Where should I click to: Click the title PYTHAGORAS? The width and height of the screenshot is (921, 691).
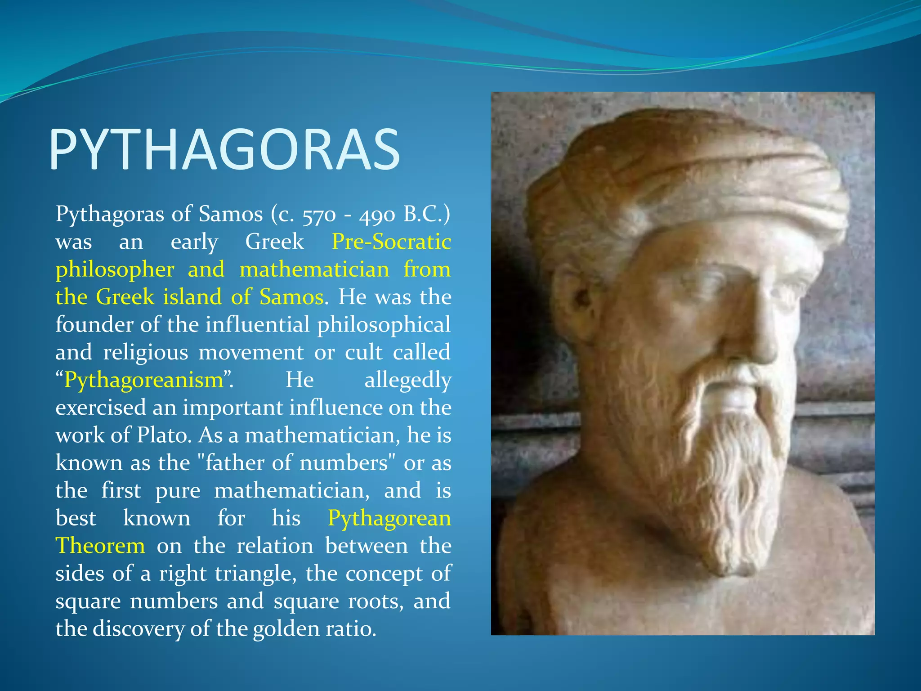pyautogui.click(x=224, y=149)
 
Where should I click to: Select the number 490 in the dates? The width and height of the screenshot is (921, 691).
pyautogui.click(x=376, y=215)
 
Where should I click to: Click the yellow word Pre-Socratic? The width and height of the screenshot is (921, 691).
pyautogui.click(x=391, y=242)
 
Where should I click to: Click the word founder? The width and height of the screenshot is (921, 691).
pyautogui.click(x=94, y=325)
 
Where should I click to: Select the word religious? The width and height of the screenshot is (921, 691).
pyautogui.click(x=145, y=353)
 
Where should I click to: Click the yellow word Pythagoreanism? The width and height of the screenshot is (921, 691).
pyautogui.click(x=144, y=381)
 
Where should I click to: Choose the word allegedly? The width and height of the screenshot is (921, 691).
pyautogui.click(x=407, y=381)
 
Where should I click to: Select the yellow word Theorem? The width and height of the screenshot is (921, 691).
pyautogui.click(x=100, y=546)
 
